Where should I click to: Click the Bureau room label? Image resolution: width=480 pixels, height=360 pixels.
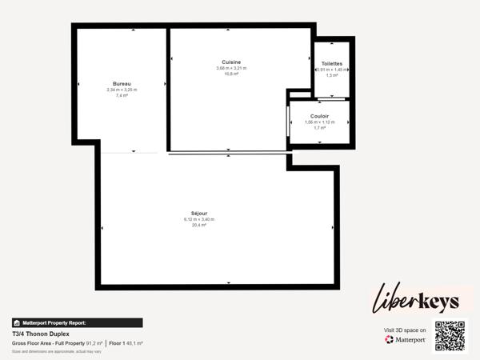(x=122, y=83)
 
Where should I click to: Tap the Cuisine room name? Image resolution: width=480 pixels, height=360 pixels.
(x=231, y=62)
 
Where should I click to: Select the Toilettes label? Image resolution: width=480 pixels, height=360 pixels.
(x=332, y=63)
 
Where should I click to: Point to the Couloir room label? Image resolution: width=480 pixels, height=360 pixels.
(x=319, y=115)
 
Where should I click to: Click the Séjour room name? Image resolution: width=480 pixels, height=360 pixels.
(x=199, y=214)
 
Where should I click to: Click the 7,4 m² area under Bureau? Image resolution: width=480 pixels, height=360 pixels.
(x=122, y=95)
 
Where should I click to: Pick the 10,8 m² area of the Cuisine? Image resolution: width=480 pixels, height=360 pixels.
(x=231, y=74)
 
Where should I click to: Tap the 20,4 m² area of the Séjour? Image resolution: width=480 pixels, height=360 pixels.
(x=199, y=226)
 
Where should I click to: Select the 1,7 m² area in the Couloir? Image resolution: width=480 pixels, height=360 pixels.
(x=319, y=128)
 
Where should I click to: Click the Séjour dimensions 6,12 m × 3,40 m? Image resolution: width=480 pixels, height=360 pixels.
(x=199, y=219)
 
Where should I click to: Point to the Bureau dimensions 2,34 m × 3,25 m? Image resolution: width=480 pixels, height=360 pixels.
(x=122, y=90)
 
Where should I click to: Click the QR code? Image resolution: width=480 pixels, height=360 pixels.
(x=450, y=335)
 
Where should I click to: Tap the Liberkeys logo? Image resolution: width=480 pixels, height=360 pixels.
(x=416, y=300)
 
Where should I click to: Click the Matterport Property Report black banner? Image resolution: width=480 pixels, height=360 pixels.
(x=77, y=322)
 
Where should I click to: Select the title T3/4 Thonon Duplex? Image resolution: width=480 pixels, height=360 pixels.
(x=41, y=334)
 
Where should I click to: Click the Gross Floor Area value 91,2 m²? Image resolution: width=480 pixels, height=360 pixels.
(x=94, y=343)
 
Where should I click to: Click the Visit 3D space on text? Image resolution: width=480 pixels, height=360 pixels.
(x=406, y=330)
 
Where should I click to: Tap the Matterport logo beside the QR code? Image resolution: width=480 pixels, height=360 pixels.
(x=406, y=339)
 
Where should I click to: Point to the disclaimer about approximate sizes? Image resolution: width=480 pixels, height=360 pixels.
(x=57, y=351)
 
